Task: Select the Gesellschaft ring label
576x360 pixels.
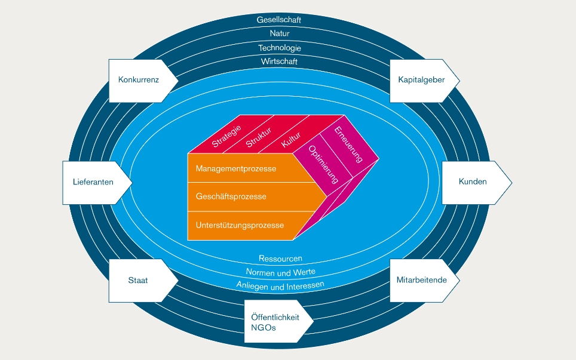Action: (279, 20)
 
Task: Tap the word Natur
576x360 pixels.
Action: (280, 33)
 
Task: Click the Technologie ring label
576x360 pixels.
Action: (280, 48)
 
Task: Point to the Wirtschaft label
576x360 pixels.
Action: (279, 61)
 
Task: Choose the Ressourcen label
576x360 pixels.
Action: (280, 259)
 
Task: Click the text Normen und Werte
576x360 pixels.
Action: (280, 272)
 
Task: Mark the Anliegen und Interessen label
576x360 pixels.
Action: (280, 285)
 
